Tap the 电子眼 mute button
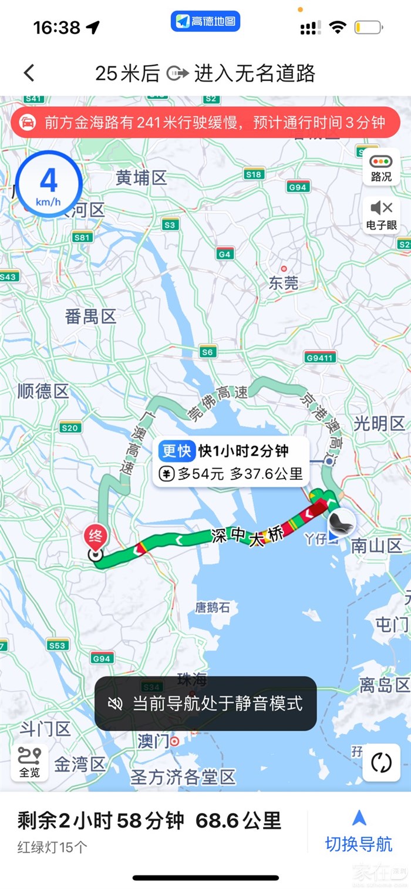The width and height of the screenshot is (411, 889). coord(381,214)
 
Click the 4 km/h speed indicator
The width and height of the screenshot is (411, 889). coord(49,184)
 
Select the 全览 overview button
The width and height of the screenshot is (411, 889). coord(29,762)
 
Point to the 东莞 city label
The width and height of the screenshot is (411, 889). coord(284,284)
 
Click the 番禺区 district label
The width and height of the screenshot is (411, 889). coord(91,317)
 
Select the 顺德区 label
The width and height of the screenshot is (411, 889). coord(43,391)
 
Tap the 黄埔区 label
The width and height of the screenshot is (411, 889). coord(142,177)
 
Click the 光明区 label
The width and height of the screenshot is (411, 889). coord(379,423)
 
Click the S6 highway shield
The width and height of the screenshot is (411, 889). coord(207,352)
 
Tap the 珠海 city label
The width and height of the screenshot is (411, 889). coord(192,680)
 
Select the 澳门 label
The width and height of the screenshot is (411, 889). coord(153,741)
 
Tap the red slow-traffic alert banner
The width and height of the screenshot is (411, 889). coord(206,123)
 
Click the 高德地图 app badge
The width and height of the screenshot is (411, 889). coord(206,22)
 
